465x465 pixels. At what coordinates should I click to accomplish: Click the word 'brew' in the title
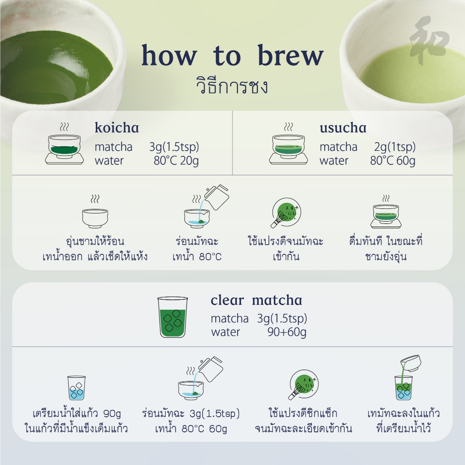(291, 55)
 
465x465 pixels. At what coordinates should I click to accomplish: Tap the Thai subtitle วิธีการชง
(232, 86)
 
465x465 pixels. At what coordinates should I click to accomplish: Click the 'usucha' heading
(343, 128)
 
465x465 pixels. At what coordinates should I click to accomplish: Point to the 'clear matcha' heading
(256, 300)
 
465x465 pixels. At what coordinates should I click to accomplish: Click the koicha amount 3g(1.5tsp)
(174, 147)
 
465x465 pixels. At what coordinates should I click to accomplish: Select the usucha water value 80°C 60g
(392, 161)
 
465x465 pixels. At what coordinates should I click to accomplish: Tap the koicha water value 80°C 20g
(176, 161)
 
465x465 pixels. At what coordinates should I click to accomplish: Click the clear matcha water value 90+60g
(287, 332)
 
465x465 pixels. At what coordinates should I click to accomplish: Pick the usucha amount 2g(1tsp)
(395, 147)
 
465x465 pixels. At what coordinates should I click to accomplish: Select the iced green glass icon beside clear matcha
(172, 317)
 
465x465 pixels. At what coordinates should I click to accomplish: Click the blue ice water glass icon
(76, 387)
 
